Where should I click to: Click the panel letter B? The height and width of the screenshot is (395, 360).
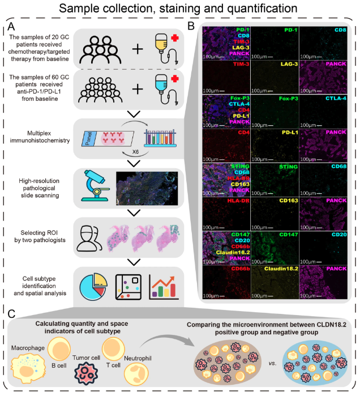tap(191, 26)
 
